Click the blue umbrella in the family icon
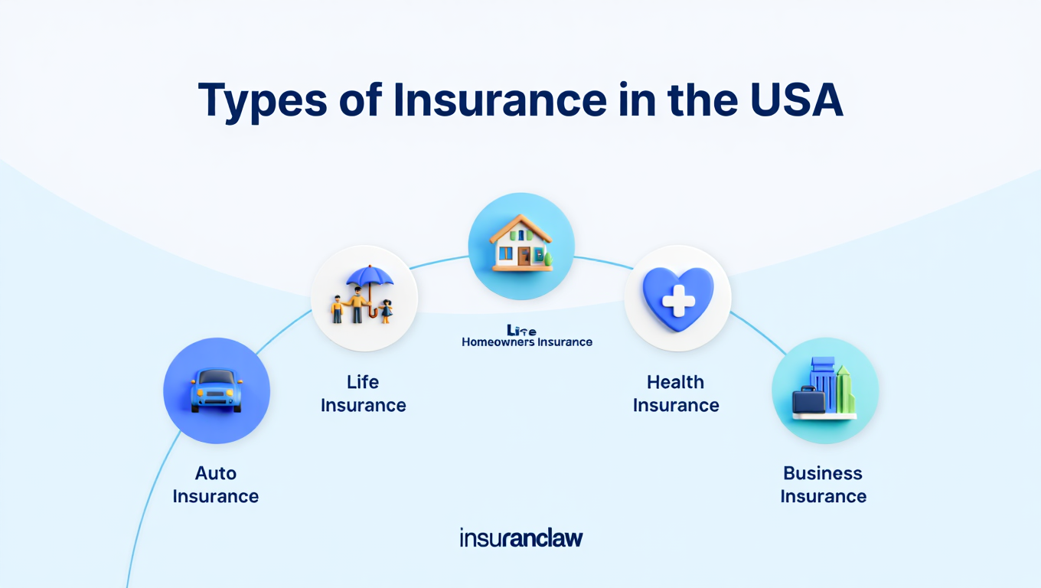tap(370, 277)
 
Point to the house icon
tap(521, 245)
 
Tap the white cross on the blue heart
tap(677, 299)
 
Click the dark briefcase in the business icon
tap(808, 400)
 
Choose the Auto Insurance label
tap(216, 485)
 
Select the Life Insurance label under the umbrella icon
tap(363, 394)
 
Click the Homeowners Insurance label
tap(527, 342)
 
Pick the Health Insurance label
tap(676, 394)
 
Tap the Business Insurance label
tap(823, 485)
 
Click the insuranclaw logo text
tap(521, 537)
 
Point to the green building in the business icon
tap(844, 390)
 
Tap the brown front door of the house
tap(524, 256)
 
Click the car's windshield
tap(217, 377)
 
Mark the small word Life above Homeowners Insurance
tap(521, 331)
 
